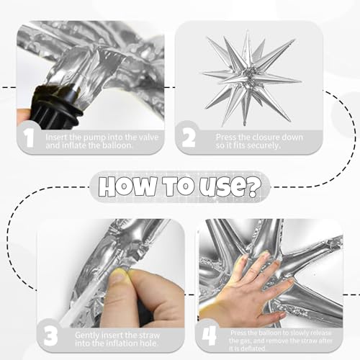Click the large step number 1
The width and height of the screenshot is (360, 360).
(x=30, y=138)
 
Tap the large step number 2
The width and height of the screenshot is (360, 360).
(x=189, y=138)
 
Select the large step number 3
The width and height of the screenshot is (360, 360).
(x=50, y=336)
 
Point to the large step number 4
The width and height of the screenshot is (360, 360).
(x=210, y=336)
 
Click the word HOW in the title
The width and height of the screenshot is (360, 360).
(x=127, y=186)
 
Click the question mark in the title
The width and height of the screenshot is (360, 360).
(x=253, y=186)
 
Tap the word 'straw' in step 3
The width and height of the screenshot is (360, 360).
(x=148, y=335)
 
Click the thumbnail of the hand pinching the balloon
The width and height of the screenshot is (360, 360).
(x=111, y=274)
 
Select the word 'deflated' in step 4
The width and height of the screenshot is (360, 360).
(x=253, y=348)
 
